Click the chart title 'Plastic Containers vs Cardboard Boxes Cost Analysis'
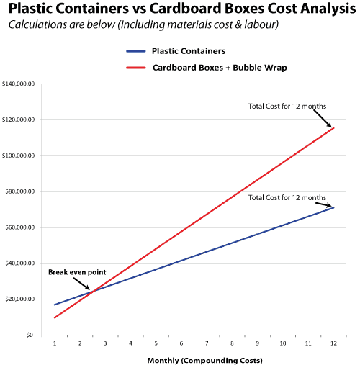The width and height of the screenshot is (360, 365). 179,10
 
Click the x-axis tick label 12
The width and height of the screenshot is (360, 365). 333,344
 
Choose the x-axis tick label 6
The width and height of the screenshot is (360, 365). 181,344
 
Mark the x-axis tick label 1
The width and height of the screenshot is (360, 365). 55,344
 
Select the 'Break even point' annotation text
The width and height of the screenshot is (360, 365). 72,273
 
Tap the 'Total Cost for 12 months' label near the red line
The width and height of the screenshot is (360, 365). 287,107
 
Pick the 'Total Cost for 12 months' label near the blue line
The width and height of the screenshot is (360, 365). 287,197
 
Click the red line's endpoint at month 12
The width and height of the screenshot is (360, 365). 333,128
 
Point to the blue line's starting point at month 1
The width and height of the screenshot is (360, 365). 55,305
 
